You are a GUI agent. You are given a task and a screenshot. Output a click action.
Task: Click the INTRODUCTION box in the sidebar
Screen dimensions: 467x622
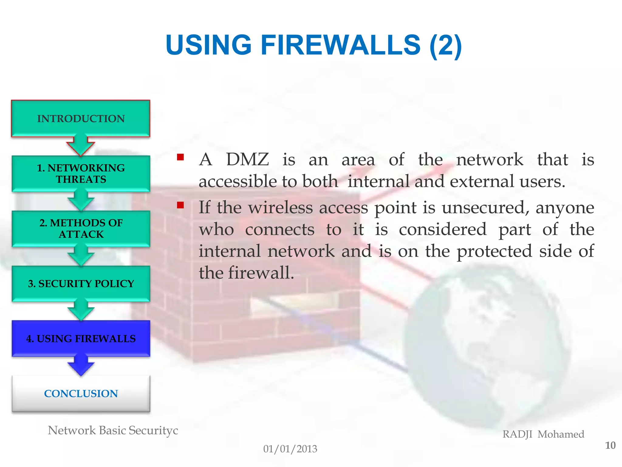coord(81,118)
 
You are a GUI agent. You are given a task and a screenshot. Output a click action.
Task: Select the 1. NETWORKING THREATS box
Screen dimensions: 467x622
coord(81,173)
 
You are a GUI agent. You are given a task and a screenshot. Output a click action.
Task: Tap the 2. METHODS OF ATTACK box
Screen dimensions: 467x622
coord(81,228)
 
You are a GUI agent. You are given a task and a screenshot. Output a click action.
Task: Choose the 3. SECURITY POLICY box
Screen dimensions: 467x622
coord(81,283)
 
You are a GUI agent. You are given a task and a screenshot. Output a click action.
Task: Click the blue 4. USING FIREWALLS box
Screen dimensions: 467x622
coord(81,338)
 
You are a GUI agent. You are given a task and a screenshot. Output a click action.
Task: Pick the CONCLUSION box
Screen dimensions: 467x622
coord(81,393)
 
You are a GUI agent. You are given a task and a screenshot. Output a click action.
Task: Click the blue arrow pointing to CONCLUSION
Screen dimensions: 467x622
coord(81,366)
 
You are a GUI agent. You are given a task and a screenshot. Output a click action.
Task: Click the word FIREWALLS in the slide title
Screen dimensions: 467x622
coord(340,45)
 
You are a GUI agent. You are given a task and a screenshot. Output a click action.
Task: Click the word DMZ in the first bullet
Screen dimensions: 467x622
coord(248,159)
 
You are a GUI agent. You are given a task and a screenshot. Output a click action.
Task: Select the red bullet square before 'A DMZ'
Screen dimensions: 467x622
coord(180,157)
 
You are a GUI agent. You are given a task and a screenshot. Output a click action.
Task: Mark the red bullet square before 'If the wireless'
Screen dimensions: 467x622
coord(180,206)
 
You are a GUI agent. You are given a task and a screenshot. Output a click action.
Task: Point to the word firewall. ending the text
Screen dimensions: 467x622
coord(261,272)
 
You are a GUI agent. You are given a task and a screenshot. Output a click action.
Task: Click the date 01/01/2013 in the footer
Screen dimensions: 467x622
coord(290,449)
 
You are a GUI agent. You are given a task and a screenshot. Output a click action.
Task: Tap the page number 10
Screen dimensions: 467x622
coord(610,445)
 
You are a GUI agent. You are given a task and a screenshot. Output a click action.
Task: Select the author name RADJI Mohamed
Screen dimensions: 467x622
coord(543,434)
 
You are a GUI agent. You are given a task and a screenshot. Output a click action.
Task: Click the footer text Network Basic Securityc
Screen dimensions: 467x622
coord(113,431)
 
